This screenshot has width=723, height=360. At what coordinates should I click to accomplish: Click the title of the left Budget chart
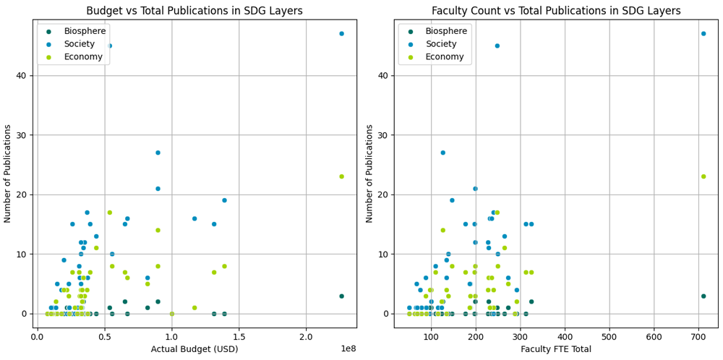coord(194,11)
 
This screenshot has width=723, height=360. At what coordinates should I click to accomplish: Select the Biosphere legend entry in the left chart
coord(83,31)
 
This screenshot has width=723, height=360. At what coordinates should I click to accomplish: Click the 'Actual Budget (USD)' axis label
coord(194,349)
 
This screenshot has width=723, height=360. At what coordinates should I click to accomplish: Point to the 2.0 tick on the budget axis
coord(307,336)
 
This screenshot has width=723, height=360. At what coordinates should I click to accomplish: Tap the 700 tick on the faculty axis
coord(698,336)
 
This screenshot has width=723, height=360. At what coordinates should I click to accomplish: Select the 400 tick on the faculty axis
coord(565,336)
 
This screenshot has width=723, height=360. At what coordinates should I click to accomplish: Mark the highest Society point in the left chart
coord(341,34)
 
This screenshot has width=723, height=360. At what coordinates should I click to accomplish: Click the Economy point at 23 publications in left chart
coord(341,176)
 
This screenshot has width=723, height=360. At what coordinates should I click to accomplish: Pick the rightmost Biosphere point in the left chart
coord(341,296)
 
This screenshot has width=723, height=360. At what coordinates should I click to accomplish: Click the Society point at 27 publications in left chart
coord(158,153)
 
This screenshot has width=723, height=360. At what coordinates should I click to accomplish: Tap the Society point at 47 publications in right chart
coord(703,34)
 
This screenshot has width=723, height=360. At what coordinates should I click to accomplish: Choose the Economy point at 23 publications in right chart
coord(703,176)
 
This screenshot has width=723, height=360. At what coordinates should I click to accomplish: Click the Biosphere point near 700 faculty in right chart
coord(703,296)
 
